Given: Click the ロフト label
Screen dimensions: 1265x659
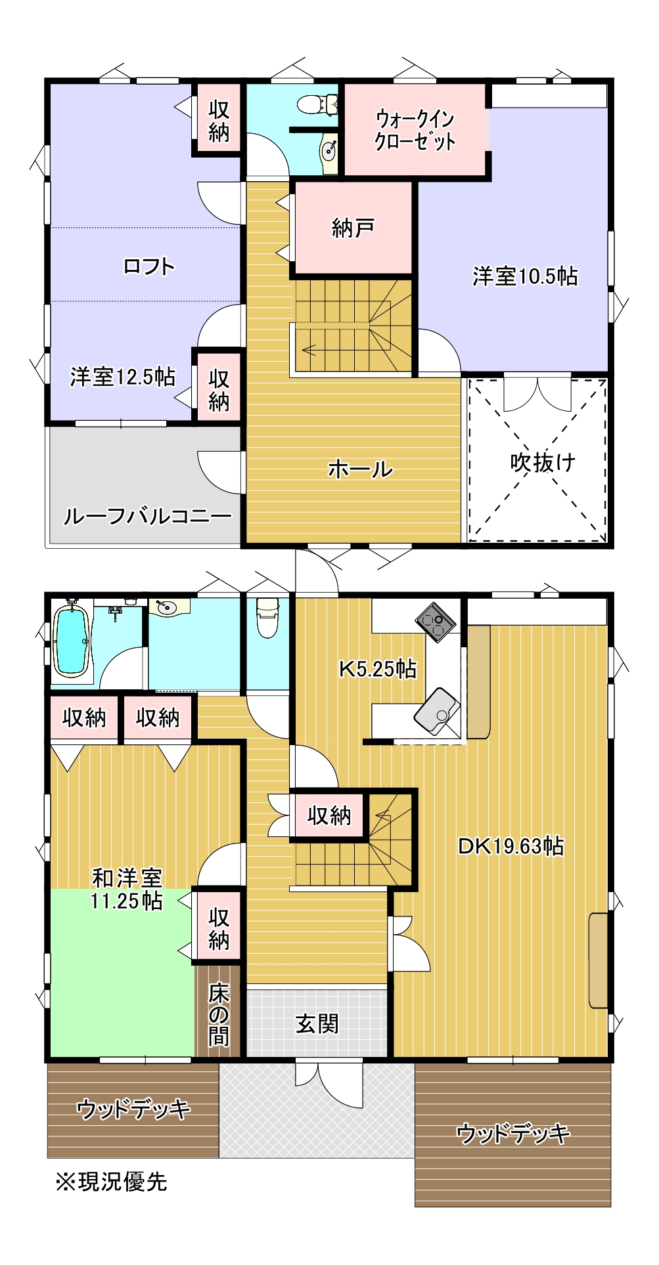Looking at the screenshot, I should coord(149,267).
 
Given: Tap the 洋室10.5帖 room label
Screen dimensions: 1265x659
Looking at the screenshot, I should coord(524,276).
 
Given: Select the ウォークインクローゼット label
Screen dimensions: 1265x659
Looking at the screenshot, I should coord(415,131).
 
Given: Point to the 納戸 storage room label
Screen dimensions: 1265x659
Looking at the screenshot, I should coord(353,228).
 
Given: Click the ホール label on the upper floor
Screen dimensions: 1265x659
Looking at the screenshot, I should coord(360,469).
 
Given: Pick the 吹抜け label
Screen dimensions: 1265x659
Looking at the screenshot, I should coord(543,463).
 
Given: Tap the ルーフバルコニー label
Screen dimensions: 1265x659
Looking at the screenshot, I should coord(147,517).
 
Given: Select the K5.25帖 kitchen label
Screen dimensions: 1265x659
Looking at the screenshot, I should coord(377,668).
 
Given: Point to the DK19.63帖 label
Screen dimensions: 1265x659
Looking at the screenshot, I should coord(511,846).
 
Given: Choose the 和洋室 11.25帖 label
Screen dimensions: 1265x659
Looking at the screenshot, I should coord(127,889).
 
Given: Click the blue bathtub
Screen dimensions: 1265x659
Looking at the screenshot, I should coord(70,640).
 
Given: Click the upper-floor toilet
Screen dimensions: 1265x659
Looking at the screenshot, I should coord(312,104).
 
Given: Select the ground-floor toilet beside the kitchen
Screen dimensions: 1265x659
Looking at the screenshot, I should coord(267,618).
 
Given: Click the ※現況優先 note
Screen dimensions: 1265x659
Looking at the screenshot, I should coord(112,1182).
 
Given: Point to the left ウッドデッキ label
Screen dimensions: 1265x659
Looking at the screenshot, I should coord(133,1109).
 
